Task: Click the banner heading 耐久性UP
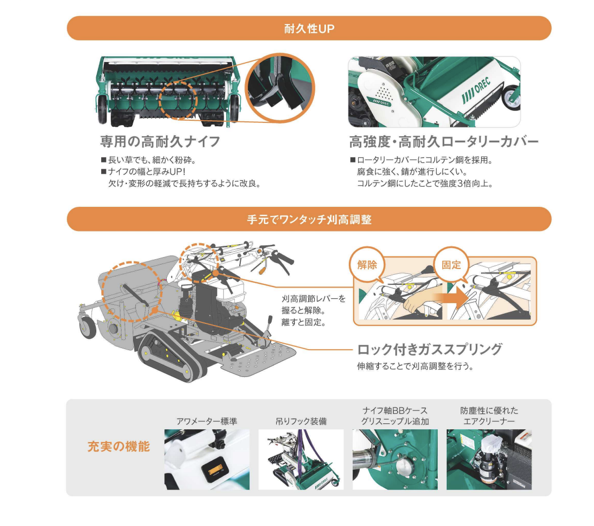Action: (309, 29)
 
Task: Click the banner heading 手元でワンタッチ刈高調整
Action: (309, 220)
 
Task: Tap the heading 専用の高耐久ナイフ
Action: (160, 142)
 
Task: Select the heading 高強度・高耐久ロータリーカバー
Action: (444, 142)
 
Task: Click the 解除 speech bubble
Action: (367, 265)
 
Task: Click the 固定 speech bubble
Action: (452, 265)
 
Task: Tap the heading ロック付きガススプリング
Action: (430, 349)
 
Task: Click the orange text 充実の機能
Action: (119, 446)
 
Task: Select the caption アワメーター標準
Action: (207, 421)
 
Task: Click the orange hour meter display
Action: (215, 471)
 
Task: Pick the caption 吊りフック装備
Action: (301, 421)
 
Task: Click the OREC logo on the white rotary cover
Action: (476, 91)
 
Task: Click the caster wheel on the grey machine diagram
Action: (87, 327)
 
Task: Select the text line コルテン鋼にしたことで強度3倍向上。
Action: (425, 184)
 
